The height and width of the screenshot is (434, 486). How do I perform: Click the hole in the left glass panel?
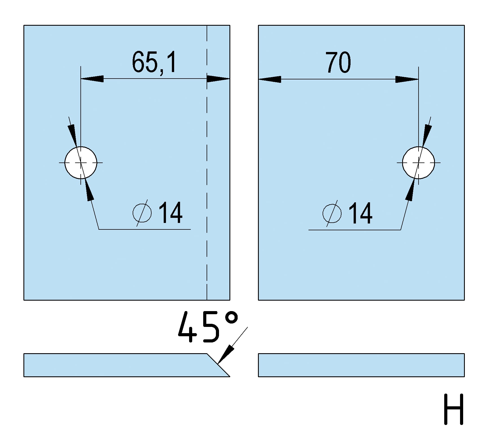point(81,163)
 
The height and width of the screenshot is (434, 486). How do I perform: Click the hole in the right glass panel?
point(419,163)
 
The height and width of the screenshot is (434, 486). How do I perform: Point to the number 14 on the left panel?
point(170,213)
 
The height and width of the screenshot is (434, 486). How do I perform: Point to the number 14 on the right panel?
point(360,213)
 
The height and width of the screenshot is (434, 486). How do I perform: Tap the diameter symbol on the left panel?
point(142,213)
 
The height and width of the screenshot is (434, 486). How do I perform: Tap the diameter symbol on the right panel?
point(332,214)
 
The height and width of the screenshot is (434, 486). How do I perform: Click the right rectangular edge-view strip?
point(361,365)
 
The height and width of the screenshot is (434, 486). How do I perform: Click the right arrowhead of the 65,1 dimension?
point(218,79)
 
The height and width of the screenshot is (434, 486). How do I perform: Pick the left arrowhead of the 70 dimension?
point(270,79)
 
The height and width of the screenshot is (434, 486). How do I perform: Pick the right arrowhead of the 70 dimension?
point(407,79)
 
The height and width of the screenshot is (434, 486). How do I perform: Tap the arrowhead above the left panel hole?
point(73,135)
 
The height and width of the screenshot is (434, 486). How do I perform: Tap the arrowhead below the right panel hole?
point(410,190)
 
